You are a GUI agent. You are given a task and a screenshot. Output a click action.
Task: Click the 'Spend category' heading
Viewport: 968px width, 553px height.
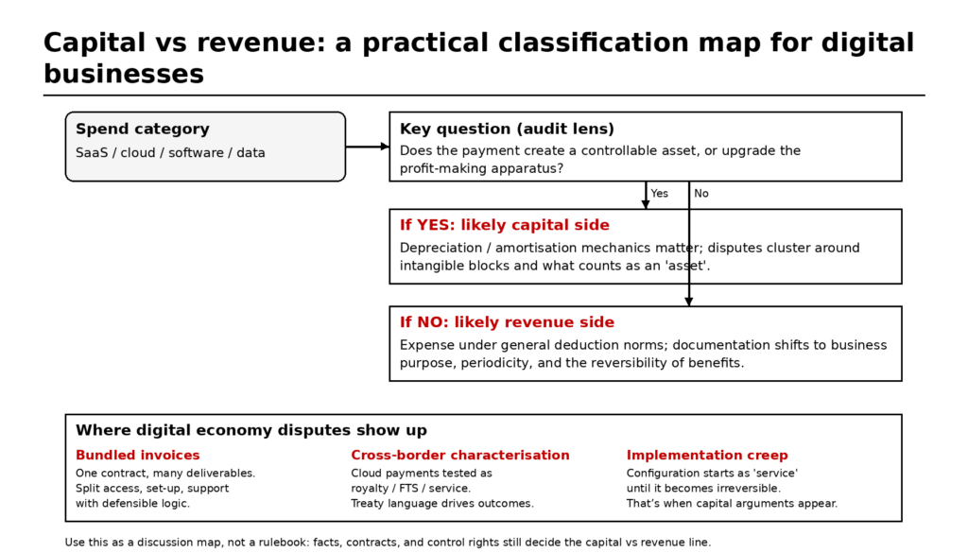pyautogui.click(x=142, y=130)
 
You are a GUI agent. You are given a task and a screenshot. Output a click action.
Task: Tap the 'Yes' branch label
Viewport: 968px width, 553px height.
pyautogui.click(x=659, y=194)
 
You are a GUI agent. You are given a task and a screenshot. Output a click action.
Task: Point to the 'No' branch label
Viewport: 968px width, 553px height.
pyautogui.click(x=701, y=194)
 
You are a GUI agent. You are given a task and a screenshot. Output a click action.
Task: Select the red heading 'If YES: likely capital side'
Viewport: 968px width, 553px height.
pyautogui.click(x=504, y=225)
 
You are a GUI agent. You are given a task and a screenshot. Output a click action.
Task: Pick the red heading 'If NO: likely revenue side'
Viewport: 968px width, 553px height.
pyautogui.click(x=507, y=322)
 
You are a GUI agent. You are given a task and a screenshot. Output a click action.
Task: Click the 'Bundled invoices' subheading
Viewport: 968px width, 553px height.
pyautogui.click(x=138, y=456)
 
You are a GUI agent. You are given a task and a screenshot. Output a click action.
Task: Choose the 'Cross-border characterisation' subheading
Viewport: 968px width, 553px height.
pyautogui.click(x=460, y=456)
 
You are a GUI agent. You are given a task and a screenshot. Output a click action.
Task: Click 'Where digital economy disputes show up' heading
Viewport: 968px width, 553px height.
pyautogui.click(x=251, y=430)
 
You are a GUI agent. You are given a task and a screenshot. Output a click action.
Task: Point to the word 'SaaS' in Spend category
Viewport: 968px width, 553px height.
pyautogui.click(x=92, y=153)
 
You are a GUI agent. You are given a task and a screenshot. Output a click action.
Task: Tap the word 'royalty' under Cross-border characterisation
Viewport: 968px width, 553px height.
pyautogui.click(x=371, y=489)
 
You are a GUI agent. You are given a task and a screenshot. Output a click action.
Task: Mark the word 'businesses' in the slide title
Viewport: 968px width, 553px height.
pyautogui.click(x=124, y=74)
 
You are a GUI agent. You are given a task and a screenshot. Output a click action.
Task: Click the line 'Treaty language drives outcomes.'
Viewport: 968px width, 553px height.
pyautogui.click(x=442, y=504)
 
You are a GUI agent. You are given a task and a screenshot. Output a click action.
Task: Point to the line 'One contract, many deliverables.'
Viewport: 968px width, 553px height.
pyautogui.click(x=165, y=473)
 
